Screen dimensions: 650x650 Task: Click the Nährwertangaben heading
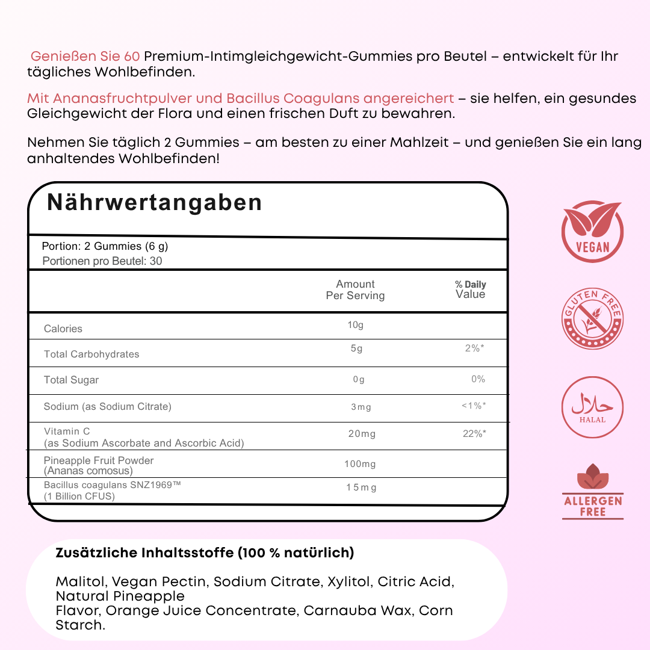tap(155, 203)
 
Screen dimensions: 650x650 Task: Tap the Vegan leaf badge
tap(592, 232)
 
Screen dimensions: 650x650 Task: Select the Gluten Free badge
tap(592, 319)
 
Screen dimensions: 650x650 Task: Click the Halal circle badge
tap(592, 407)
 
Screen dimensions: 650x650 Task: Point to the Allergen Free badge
tap(593, 492)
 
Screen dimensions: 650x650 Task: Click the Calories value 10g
tap(355, 326)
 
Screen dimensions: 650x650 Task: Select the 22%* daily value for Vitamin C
tap(474, 433)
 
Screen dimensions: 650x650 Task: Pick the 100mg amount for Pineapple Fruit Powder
tap(361, 464)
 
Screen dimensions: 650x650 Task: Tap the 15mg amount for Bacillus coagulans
tap(361, 487)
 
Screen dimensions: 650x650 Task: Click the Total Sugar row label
tap(71, 380)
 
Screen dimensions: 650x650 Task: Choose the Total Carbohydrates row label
tap(91, 354)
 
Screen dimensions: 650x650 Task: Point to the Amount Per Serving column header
tap(355, 289)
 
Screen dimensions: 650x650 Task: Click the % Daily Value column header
tap(470, 289)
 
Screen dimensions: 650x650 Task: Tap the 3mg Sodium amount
tap(361, 407)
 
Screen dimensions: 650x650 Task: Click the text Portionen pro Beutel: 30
tap(102, 261)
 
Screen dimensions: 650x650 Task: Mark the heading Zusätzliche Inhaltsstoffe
tap(205, 552)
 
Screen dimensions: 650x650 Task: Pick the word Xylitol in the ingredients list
tap(348, 581)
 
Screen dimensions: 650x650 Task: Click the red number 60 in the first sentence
tap(132, 57)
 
